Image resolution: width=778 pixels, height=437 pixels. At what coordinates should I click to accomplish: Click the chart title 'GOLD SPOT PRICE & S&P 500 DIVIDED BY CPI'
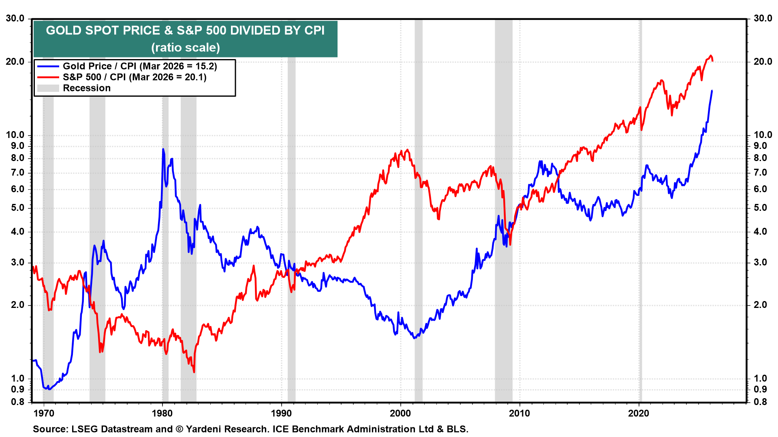[x=185, y=31]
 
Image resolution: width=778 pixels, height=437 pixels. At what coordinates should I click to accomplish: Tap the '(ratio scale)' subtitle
[x=185, y=48]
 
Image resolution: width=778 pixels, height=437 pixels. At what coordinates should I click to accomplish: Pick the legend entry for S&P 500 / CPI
[x=134, y=77]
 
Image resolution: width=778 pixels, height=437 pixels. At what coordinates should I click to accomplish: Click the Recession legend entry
[x=86, y=88]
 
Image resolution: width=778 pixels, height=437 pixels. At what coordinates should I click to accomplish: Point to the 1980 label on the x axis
[x=162, y=414]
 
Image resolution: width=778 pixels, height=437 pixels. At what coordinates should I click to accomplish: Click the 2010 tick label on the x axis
[x=519, y=414]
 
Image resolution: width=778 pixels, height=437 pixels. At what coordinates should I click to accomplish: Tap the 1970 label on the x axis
[x=43, y=414]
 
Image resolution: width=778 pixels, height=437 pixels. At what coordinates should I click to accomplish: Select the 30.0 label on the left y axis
[x=15, y=19]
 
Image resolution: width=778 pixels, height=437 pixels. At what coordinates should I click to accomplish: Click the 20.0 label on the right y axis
[x=763, y=62]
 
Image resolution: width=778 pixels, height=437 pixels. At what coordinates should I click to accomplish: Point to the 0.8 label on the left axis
[x=17, y=402]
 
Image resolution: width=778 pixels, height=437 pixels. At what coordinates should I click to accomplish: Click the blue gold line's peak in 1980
[x=163, y=149]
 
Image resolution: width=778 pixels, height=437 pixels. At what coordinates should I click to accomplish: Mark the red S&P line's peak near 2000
[x=407, y=150]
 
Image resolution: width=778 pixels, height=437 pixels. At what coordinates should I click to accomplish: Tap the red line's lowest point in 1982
[x=194, y=371]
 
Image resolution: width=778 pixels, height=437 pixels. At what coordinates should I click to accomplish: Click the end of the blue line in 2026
[x=712, y=91]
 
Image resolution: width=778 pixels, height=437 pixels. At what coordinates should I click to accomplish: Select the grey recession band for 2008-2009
[x=504, y=243]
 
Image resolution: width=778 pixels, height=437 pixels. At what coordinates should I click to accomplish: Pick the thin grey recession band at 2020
[x=640, y=243]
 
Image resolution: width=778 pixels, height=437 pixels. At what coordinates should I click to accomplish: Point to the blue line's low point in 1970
[x=49, y=389]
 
